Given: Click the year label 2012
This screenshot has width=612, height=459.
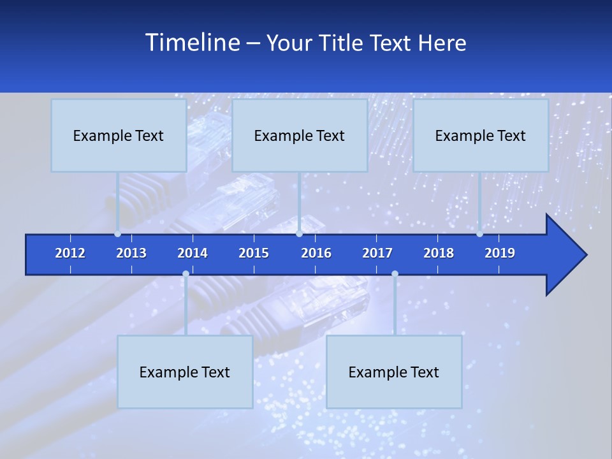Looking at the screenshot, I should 70,253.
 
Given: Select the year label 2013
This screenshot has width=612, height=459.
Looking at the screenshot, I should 131,253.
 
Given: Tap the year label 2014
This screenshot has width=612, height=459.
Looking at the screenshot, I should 193,253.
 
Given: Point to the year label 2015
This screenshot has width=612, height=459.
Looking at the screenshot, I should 254,253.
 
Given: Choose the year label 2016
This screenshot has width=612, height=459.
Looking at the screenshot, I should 316,253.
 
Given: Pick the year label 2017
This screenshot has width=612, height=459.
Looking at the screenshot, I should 377,253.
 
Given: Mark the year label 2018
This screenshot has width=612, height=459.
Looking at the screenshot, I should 439,253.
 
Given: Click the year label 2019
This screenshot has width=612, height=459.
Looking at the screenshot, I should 500,253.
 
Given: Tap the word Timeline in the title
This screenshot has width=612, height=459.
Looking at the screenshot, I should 191,43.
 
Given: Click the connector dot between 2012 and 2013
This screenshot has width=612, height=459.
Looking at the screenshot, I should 117,234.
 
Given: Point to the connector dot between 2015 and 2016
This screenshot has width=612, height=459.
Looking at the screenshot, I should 299,234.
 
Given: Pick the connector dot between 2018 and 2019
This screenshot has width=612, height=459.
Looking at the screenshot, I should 479,234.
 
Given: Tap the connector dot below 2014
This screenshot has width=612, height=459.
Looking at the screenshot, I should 186,274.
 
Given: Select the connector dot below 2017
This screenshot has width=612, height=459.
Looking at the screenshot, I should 395,274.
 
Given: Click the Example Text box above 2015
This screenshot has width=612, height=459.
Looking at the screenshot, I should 300,135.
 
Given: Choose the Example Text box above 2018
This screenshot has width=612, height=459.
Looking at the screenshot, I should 481,135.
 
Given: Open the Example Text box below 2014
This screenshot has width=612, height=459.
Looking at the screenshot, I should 185,372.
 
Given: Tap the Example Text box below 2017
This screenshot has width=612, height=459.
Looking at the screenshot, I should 394,372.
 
